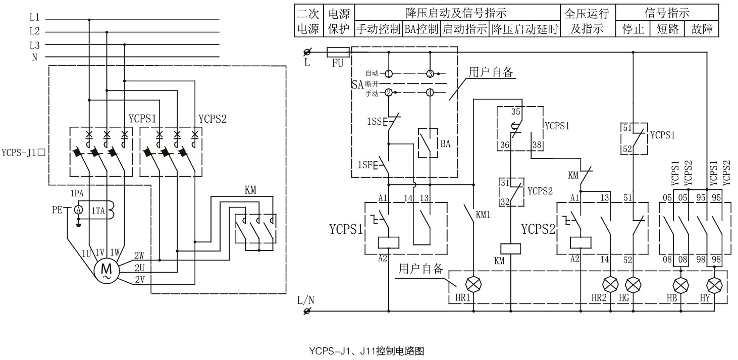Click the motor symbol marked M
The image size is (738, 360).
[x=107, y=271]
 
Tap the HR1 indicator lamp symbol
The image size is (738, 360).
[x=473, y=284]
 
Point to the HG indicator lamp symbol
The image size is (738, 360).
[x=633, y=284]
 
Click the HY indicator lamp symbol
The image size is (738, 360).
[x=713, y=284]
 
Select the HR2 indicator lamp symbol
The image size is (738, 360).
[x=610, y=284]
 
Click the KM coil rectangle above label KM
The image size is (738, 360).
[x=510, y=248]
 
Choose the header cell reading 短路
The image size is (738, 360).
[x=666, y=29]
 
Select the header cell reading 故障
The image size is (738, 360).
[x=702, y=29]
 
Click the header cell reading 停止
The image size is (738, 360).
[x=632, y=29]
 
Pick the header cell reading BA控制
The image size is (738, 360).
[x=421, y=29]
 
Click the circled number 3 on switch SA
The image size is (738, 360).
[x=430, y=73]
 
